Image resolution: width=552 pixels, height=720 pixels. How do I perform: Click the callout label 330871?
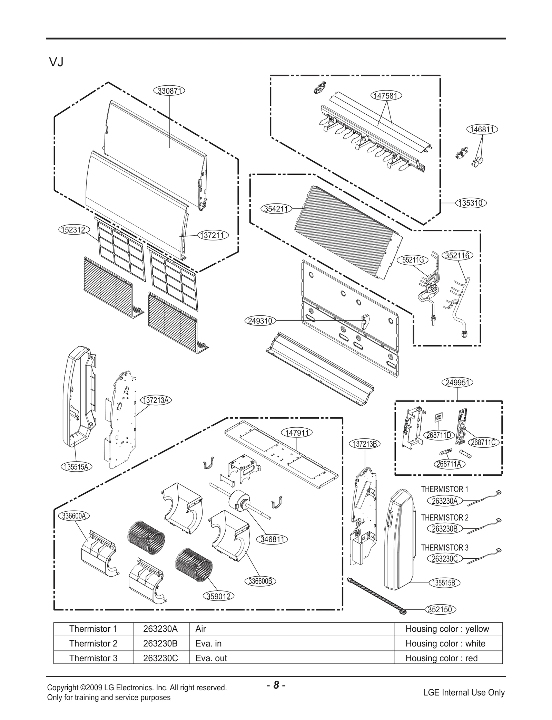point(169,91)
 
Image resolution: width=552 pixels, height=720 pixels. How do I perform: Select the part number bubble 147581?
point(386,96)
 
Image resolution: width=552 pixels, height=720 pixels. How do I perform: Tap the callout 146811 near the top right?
point(482,130)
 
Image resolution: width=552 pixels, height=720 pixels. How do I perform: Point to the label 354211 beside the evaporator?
point(276,209)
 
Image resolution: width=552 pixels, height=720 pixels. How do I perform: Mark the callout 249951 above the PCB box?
point(457,382)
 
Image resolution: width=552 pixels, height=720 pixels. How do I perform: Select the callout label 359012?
point(218,596)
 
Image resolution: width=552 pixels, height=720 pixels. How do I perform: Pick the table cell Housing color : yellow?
point(447,629)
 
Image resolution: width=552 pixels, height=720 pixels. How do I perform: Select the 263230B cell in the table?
point(160,643)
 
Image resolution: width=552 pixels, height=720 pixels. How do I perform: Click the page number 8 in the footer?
point(276,685)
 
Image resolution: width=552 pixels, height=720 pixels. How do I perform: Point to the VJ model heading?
point(56,62)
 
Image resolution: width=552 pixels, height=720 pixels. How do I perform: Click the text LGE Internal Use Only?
point(464,692)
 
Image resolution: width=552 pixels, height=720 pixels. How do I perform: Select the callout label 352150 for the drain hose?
point(440,609)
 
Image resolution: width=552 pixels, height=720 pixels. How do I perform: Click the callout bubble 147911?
point(297,433)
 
